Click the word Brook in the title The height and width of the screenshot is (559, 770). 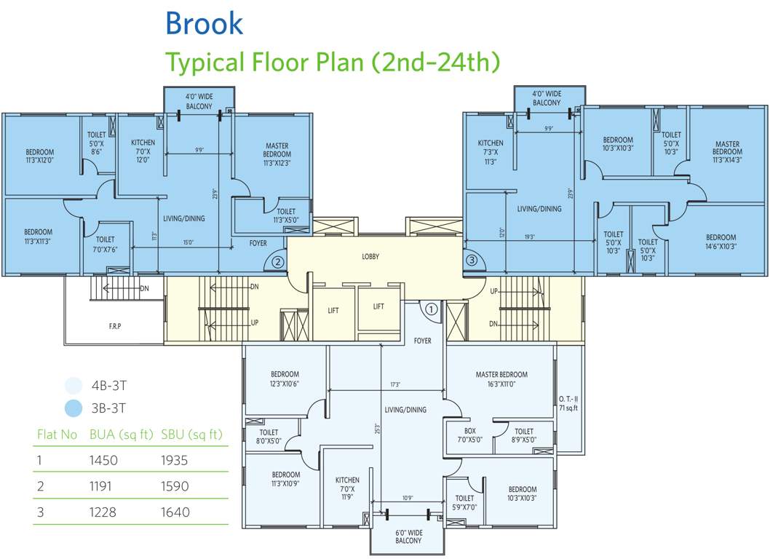coord(204,23)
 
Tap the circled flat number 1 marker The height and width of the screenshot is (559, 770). coord(431,309)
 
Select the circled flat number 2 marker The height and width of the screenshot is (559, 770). coord(277,261)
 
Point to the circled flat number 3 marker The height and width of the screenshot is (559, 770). coord(472,259)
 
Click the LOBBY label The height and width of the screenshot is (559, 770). coord(371,257)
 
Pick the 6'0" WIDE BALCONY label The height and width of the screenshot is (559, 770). coord(408,536)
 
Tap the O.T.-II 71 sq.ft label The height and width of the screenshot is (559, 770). coord(568,403)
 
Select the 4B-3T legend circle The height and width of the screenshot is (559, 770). coord(73,385)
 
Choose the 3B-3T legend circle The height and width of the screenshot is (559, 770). coord(73,409)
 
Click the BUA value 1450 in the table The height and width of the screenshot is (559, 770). coord(103,460)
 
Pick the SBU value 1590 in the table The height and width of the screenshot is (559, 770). coord(175,486)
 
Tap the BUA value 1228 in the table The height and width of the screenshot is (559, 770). coord(103,512)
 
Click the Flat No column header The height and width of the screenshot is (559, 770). coord(57,435)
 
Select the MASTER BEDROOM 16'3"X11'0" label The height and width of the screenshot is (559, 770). coord(501,379)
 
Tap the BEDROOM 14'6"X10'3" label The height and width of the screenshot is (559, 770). coord(721,242)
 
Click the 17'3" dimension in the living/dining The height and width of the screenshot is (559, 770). coord(395,384)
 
